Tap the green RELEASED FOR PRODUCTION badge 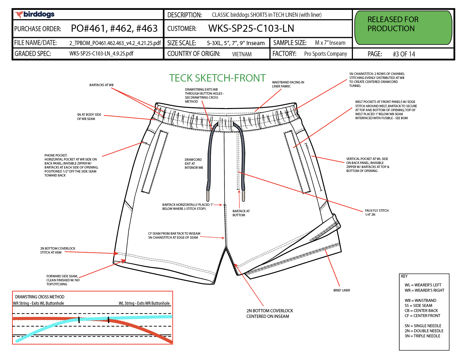tap(403, 27)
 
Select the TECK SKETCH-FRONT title tap(217, 78)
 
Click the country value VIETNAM tap(241, 54)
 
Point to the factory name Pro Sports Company tap(325, 54)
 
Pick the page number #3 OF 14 tap(404, 54)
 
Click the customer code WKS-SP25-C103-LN tap(251, 28)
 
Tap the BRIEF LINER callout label tap(341, 290)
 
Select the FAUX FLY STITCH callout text tap(376, 213)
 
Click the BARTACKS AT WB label tap(101, 85)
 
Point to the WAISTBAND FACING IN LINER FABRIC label tap(288, 84)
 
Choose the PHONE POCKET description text tap(71, 165)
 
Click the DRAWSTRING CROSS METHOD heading tap(40, 297)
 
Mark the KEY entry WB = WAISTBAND tap(420, 301)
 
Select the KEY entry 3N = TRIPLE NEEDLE tap(422, 336)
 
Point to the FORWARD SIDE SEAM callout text tap(63, 280)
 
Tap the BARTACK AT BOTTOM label tap(241, 213)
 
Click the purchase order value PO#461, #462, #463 tap(114, 29)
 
